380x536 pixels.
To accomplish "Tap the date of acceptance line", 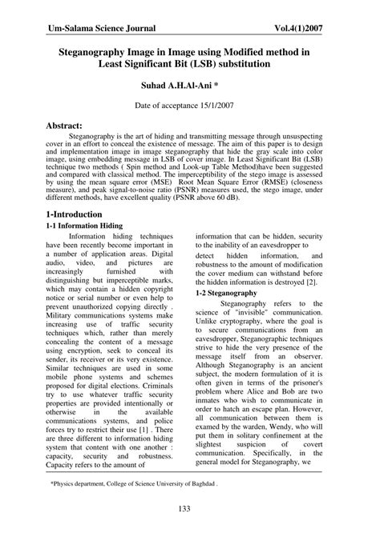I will pos(189,105).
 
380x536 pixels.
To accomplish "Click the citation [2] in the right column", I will pos(317,282).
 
